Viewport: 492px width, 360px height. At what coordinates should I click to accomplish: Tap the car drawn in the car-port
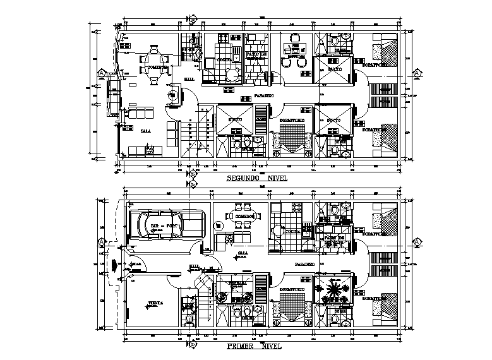pos(165,225)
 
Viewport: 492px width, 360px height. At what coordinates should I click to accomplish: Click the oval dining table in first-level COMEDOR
pos(244,215)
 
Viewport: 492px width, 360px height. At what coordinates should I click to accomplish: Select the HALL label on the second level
pos(188,78)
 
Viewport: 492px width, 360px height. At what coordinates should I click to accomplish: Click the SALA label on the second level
pos(145,131)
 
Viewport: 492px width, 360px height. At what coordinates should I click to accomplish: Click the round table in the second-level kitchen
pos(233,75)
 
